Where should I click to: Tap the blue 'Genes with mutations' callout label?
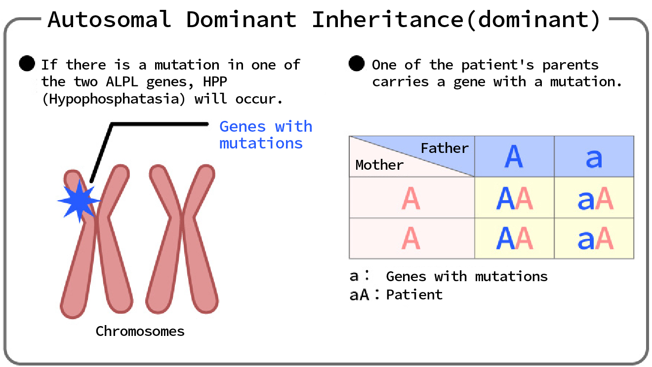coord(265,135)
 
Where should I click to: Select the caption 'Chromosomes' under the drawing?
coord(140,331)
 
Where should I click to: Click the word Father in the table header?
coord(445,148)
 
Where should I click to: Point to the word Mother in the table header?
coord(379,165)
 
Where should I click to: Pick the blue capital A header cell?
coord(514,157)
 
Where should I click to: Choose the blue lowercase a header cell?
coord(594,157)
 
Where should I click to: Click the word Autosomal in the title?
coord(109,20)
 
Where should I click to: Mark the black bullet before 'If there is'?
coord(27,64)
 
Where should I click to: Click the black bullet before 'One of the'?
coord(357,64)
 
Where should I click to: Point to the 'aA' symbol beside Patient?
coord(359,295)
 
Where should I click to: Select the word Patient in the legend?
coord(414,295)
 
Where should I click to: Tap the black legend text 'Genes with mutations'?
coord(466,276)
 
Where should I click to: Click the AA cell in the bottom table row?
coord(514,239)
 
